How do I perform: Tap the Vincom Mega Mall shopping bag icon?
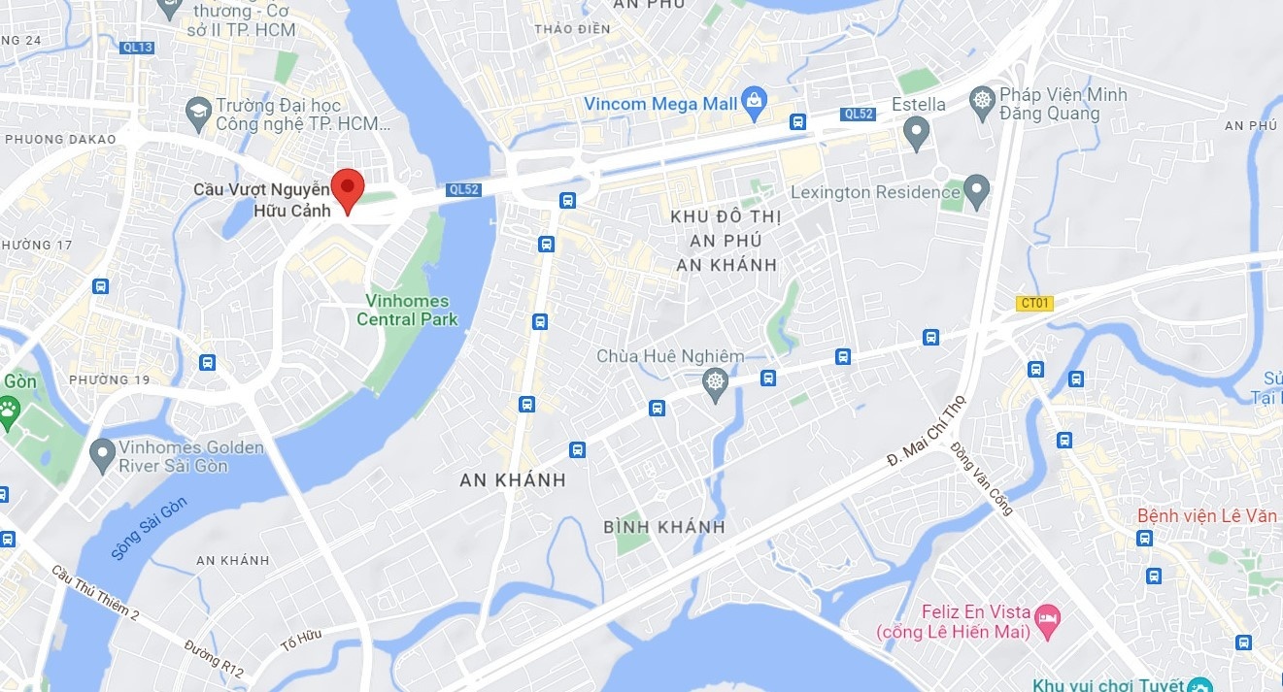[753, 99]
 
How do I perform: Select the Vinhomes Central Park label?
[406, 310]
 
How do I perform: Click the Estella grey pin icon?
[916, 131]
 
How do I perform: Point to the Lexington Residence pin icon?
[976, 189]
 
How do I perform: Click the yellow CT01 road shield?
[1034, 303]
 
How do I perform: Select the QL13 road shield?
[138, 47]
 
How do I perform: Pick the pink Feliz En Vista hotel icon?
[1047, 618]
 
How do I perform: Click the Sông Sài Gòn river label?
[148, 526]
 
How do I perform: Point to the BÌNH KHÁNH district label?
[664, 527]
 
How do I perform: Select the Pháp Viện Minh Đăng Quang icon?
[983, 99]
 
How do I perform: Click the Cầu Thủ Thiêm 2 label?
[95, 593]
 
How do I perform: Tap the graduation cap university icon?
[199, 112]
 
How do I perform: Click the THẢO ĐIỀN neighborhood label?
[572, 29]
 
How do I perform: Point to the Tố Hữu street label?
[300, 640]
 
